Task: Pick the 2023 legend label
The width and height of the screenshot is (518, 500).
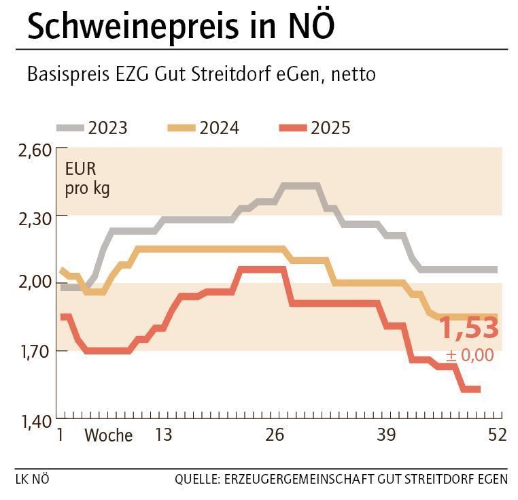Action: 107,128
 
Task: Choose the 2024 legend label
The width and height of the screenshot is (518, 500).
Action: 219,128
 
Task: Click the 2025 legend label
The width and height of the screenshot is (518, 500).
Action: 330,128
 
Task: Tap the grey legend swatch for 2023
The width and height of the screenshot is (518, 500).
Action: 70,128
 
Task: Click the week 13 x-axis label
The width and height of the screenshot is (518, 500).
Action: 163,435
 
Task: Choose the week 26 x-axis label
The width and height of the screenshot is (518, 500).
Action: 275,435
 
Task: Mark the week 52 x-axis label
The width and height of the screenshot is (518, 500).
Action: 497,435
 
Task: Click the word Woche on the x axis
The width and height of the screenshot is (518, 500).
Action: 108,435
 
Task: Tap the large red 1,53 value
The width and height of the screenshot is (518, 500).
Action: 470,329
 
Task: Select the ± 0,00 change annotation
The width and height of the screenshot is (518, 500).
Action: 470,356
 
